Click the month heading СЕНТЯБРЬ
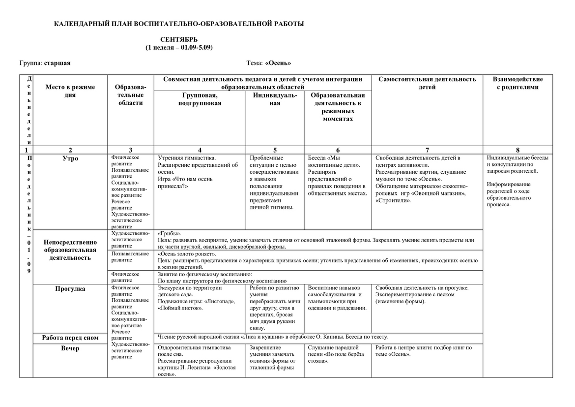point(179,39)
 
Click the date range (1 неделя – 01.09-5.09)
point(179,47)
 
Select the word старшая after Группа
point(57,63)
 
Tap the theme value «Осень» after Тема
point(278,63)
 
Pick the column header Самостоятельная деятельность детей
point(427,83)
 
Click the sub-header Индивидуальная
point(275,99)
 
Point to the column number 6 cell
point(338,150)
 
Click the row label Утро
point(70,158)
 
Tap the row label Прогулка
point(70,289)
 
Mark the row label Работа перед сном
point(70,338)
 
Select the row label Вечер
point(70,348)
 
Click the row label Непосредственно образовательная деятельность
point(70,250)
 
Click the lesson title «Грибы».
point(170,233)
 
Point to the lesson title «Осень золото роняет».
point(187,254)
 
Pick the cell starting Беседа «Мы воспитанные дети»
point(337,176)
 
